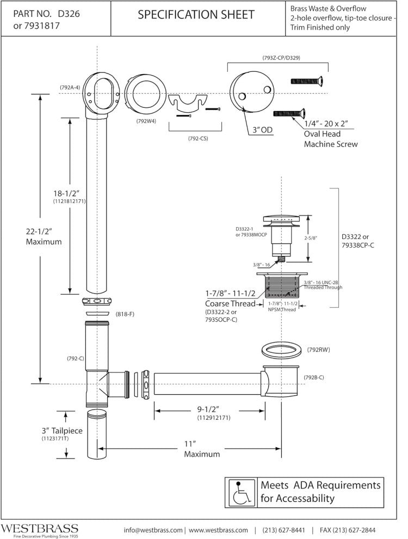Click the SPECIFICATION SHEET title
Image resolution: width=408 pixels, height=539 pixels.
[196, 15]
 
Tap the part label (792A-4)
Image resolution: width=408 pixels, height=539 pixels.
[70, 87]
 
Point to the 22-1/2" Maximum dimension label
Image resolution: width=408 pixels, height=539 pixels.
[44, 236]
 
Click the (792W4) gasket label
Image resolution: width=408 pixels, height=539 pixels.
[147, 121]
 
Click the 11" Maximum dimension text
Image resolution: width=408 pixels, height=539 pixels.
[202, 449]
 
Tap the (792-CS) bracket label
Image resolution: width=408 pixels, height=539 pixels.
[196, 138]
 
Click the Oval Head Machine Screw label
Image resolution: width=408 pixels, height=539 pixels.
[331, 139]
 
